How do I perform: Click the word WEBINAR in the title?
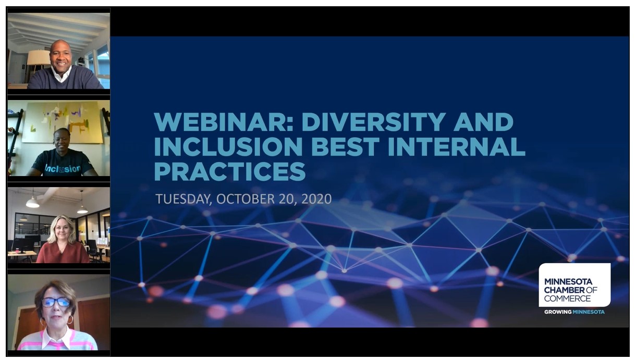pyautogui.click(x=224, y=122)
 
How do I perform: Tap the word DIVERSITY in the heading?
pyautogui.click(x=373, y=122)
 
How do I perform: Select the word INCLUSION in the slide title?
pyautogui.click(x=228, y=146)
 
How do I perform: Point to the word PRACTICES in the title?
pyautogui.click(x=230, y=171)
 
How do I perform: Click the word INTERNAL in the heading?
pyautogui.click(x=457, y=146)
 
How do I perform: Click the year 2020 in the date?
pyautogui.click(x=316, y=199)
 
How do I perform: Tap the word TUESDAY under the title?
pyautogui.click(x=184, y=200)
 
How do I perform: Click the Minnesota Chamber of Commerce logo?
pyautogui.click(x=574, y=285)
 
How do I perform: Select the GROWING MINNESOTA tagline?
pyautogui.click(x=574, y=312)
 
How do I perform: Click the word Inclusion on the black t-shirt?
pyautogui.click(x=63, y=168)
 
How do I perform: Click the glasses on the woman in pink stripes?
pyautogui.click(x=56, y=302)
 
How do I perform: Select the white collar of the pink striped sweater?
pyautogui.click(x=57, y=338)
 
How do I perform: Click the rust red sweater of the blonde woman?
pyautogui.click(x=63, y=253)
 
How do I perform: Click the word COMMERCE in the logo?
pyautogui.click(x=567, y=299)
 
